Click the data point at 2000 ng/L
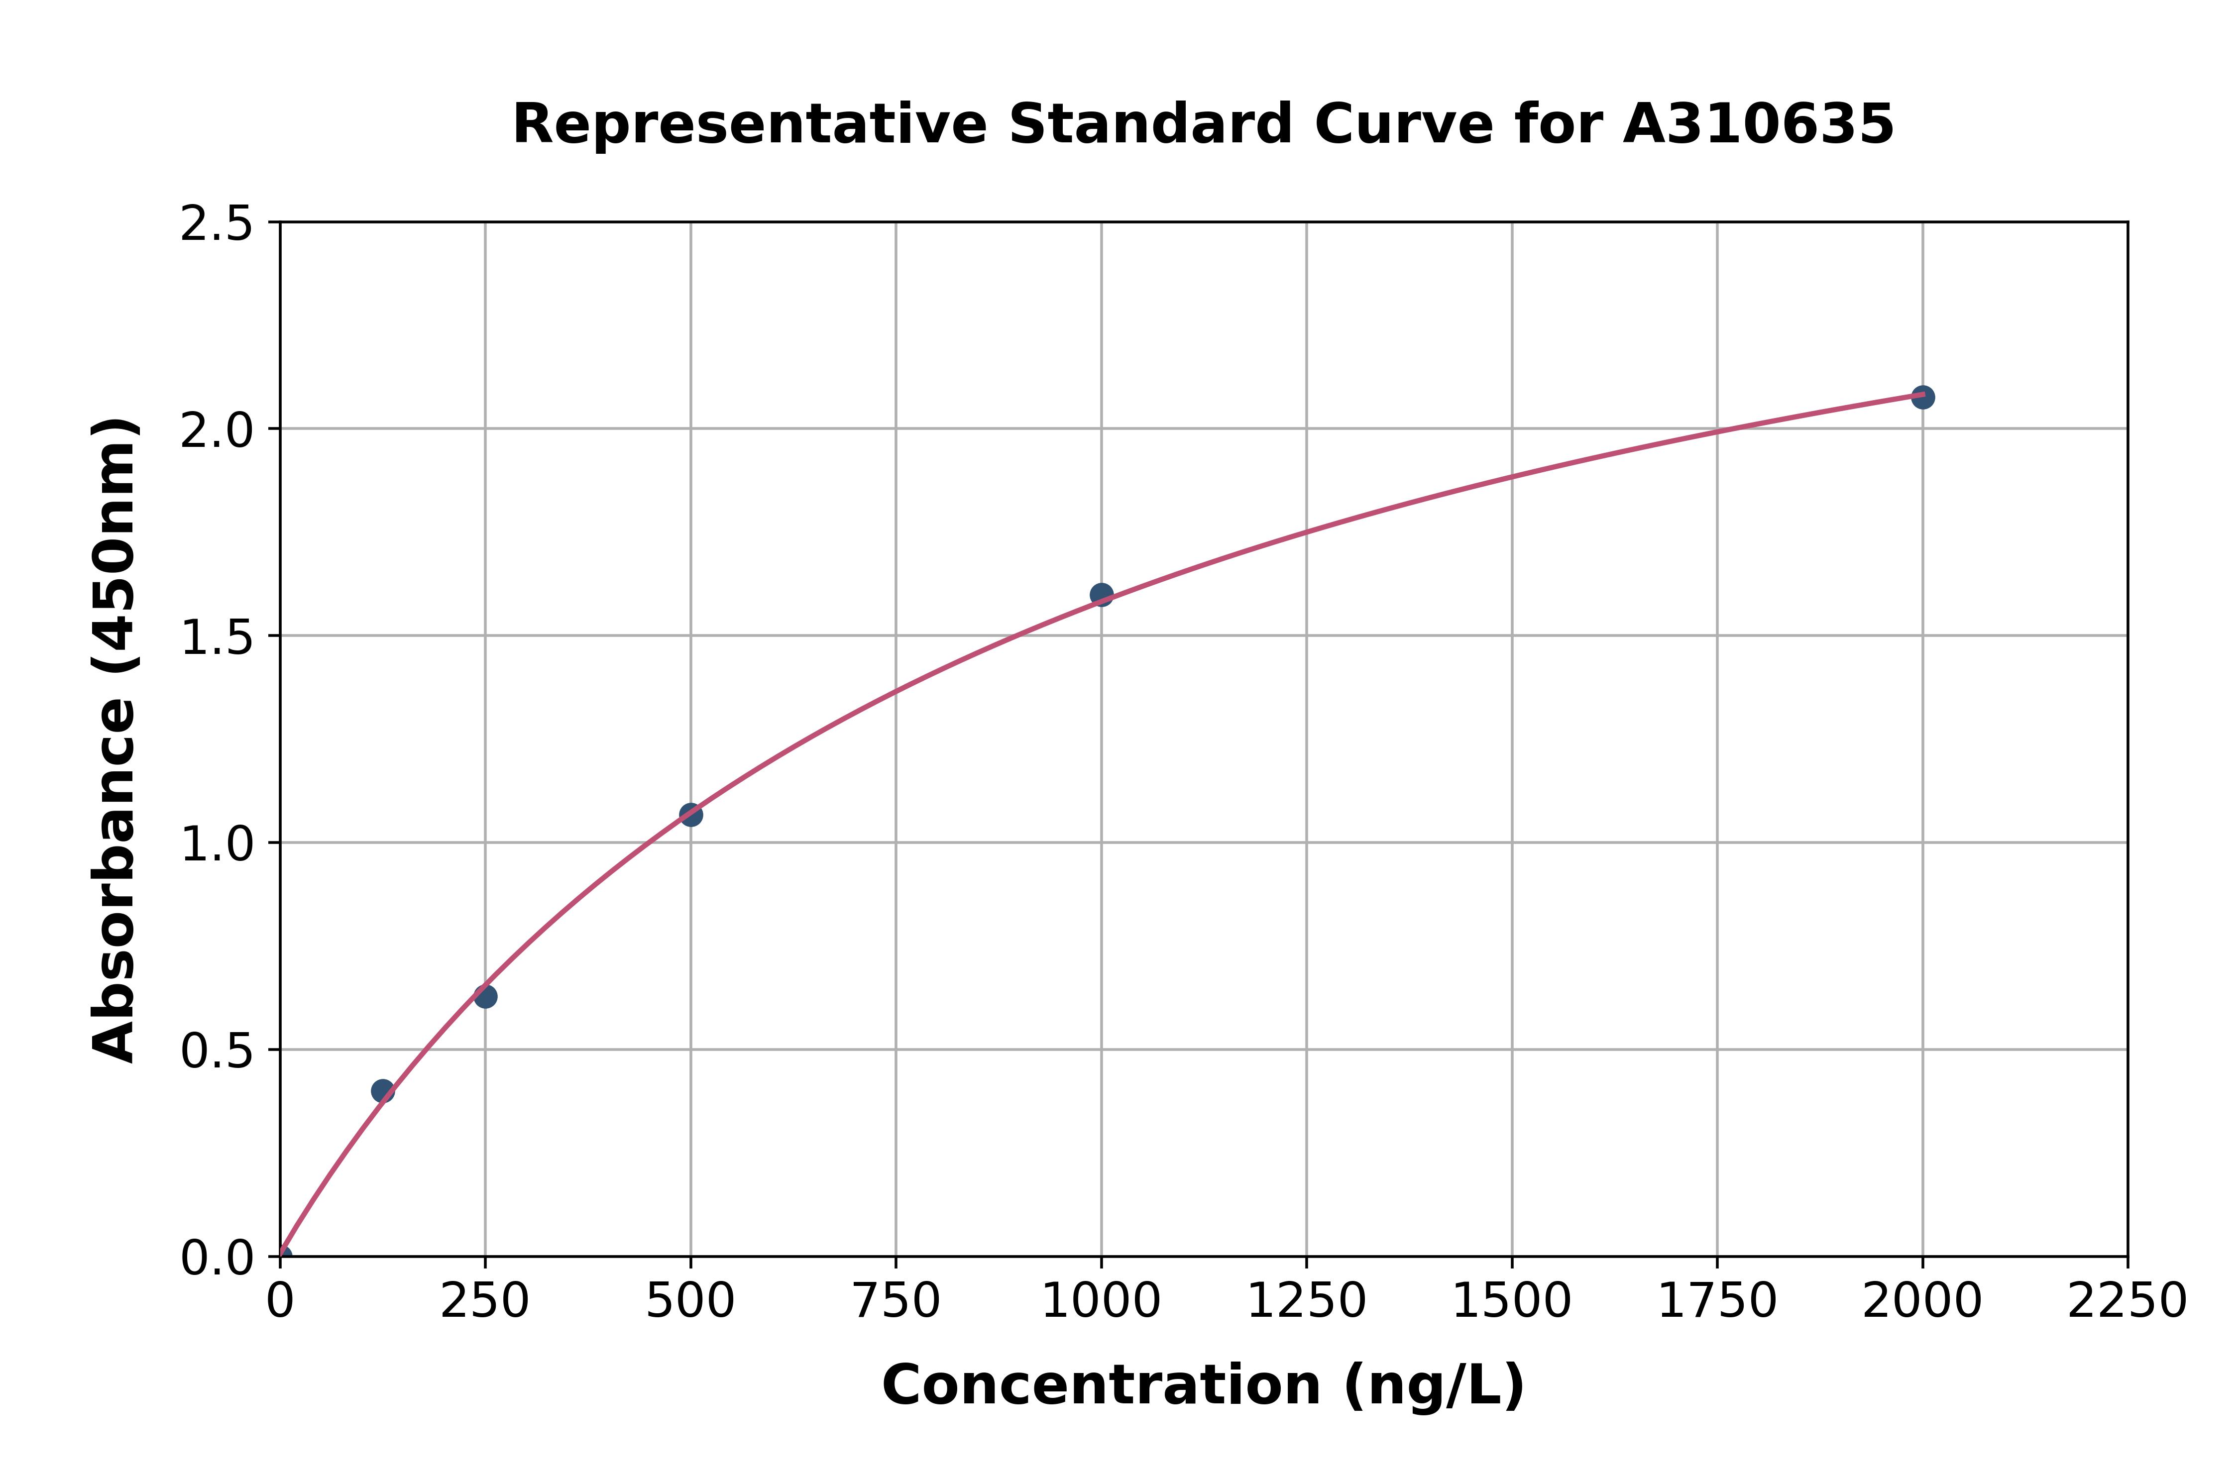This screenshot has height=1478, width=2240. pos(1922,397)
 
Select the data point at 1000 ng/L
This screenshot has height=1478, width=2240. pos(1101,594)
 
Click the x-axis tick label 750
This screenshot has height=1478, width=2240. pos(896,1302)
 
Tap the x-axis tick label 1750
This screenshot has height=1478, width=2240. pos(1717,1302)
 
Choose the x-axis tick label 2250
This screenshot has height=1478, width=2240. pos(2127,1302)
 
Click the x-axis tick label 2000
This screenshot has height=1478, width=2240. pos(1922,1302)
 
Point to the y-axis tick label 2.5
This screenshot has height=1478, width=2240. pos(217,224)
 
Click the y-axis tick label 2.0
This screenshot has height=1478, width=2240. pos(217,431)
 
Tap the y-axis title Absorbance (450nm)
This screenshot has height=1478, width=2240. pos(115,740)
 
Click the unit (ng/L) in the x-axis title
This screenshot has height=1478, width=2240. pos(1433,1385)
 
